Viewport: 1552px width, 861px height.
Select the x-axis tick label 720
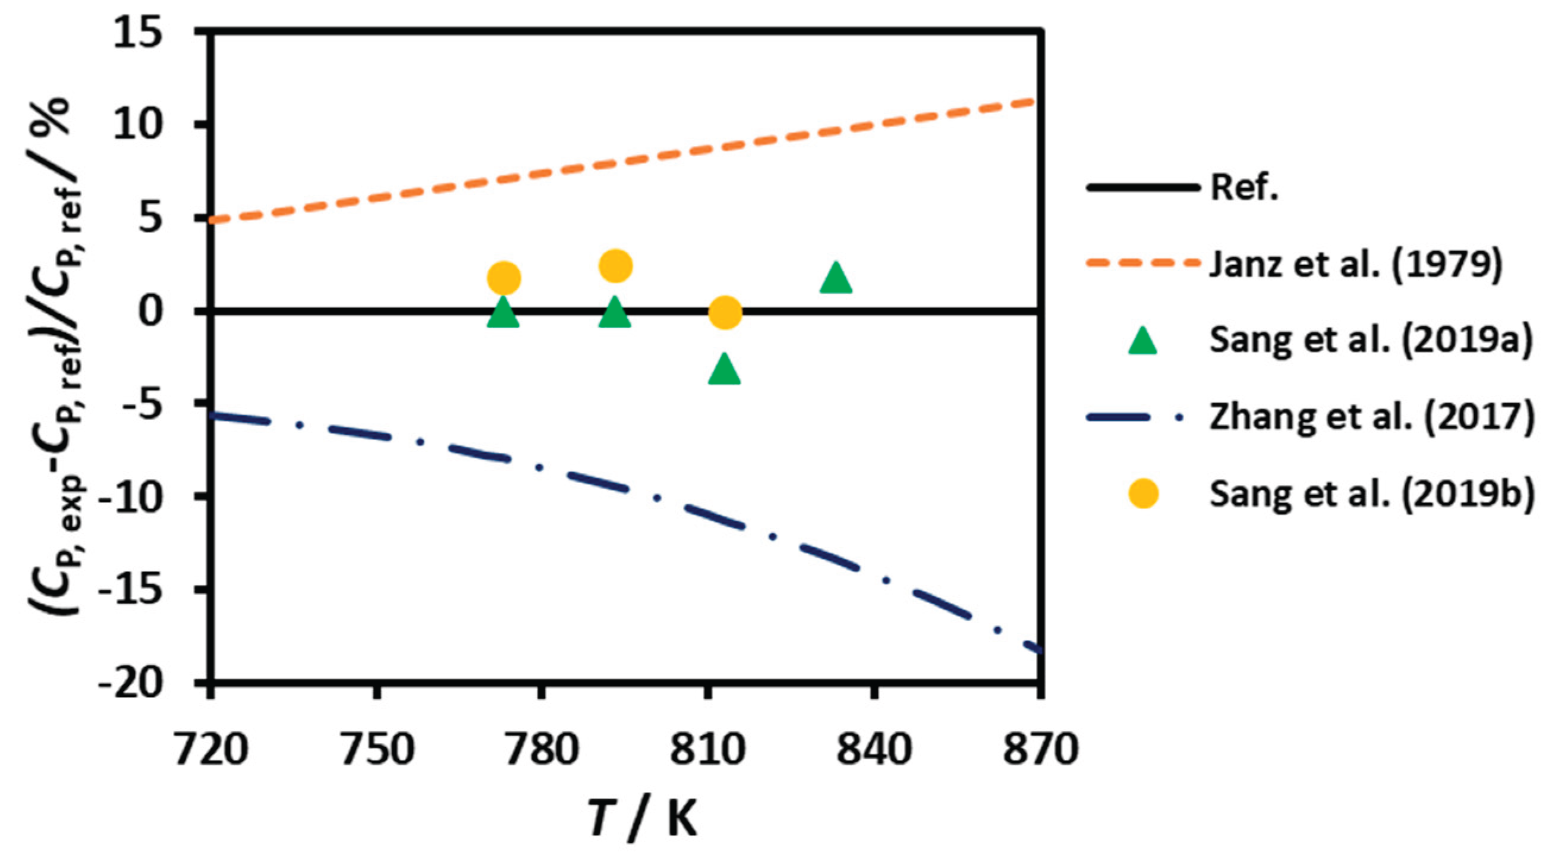point(211,750)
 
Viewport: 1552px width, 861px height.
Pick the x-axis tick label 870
point(1039,750)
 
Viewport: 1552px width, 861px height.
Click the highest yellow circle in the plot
point(615,266)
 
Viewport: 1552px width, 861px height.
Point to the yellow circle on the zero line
point(725,313)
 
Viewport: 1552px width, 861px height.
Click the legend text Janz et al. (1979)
point(1356,264)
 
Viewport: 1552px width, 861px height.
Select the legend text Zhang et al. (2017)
point(1371,417)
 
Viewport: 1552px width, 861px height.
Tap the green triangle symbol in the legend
point(1142,342)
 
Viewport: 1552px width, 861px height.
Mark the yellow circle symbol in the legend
point(1142,494)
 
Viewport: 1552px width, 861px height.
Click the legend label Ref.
point(1244,188)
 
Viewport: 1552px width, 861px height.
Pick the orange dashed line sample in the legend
point(1142,264)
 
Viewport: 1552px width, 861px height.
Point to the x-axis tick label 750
point(377,750)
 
